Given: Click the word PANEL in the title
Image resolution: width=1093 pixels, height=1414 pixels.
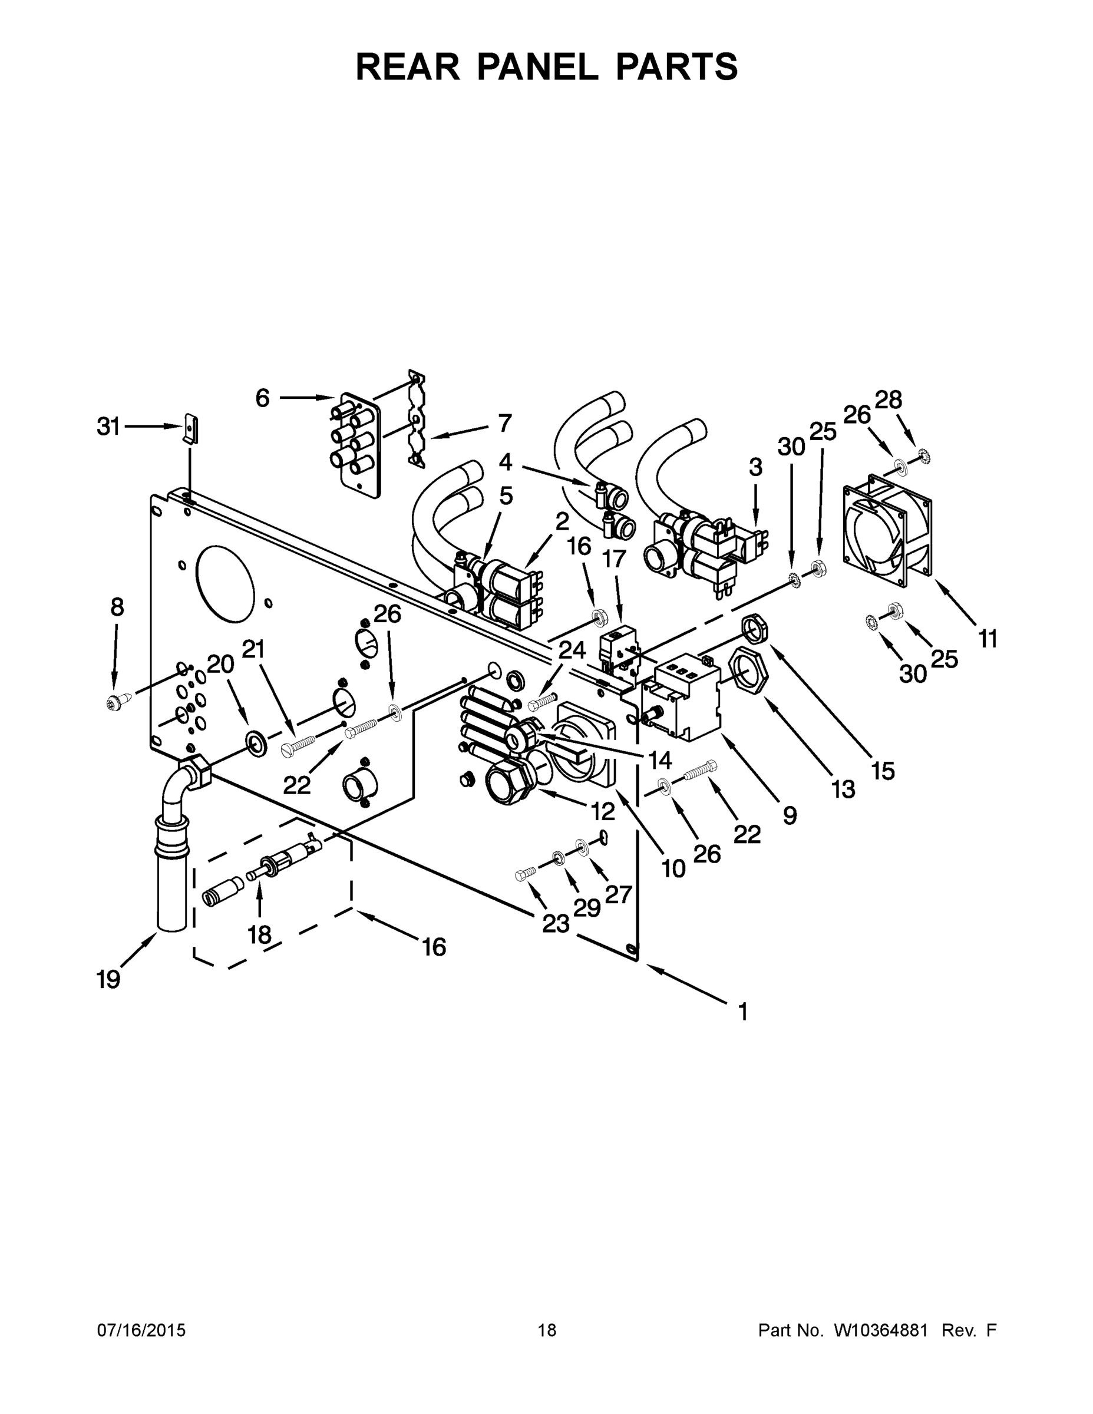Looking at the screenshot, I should point(538,67).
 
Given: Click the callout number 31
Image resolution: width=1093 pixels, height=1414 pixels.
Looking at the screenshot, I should point(109,427).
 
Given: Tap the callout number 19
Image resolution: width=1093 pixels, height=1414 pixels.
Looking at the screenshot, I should point(108,980).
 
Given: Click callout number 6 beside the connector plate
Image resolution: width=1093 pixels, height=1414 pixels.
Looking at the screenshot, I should point(262,398).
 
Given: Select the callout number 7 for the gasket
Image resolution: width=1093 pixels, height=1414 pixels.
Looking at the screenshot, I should point(504,424).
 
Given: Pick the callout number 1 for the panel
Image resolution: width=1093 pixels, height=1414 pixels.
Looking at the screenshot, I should point(742,1011).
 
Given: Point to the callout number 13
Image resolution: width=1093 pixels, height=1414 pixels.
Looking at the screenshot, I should point(843,789).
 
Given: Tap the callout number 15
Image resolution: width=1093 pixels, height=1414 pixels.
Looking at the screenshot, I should point(883,771).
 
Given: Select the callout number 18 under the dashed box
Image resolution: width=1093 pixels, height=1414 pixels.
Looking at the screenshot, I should point(259,934).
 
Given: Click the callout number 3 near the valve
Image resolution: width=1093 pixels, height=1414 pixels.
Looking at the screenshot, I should point(755,467).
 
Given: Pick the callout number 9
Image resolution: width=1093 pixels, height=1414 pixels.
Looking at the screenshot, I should point(790,816).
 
